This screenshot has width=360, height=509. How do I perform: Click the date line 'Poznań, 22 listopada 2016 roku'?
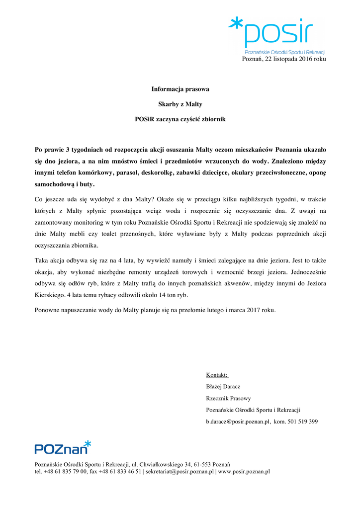284,59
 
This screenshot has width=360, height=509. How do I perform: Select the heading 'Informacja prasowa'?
180,89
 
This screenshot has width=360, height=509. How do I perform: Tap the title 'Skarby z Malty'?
180,104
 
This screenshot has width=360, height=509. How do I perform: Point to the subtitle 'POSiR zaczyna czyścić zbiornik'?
180,120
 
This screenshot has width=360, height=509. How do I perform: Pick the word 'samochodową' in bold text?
53,183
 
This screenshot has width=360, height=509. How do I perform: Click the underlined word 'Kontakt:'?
217,374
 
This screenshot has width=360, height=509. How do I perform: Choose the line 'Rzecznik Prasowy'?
228,398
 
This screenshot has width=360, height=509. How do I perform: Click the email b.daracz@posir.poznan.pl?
238,422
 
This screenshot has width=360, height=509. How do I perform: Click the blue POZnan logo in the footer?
63,447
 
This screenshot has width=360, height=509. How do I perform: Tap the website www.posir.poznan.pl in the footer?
244,471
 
